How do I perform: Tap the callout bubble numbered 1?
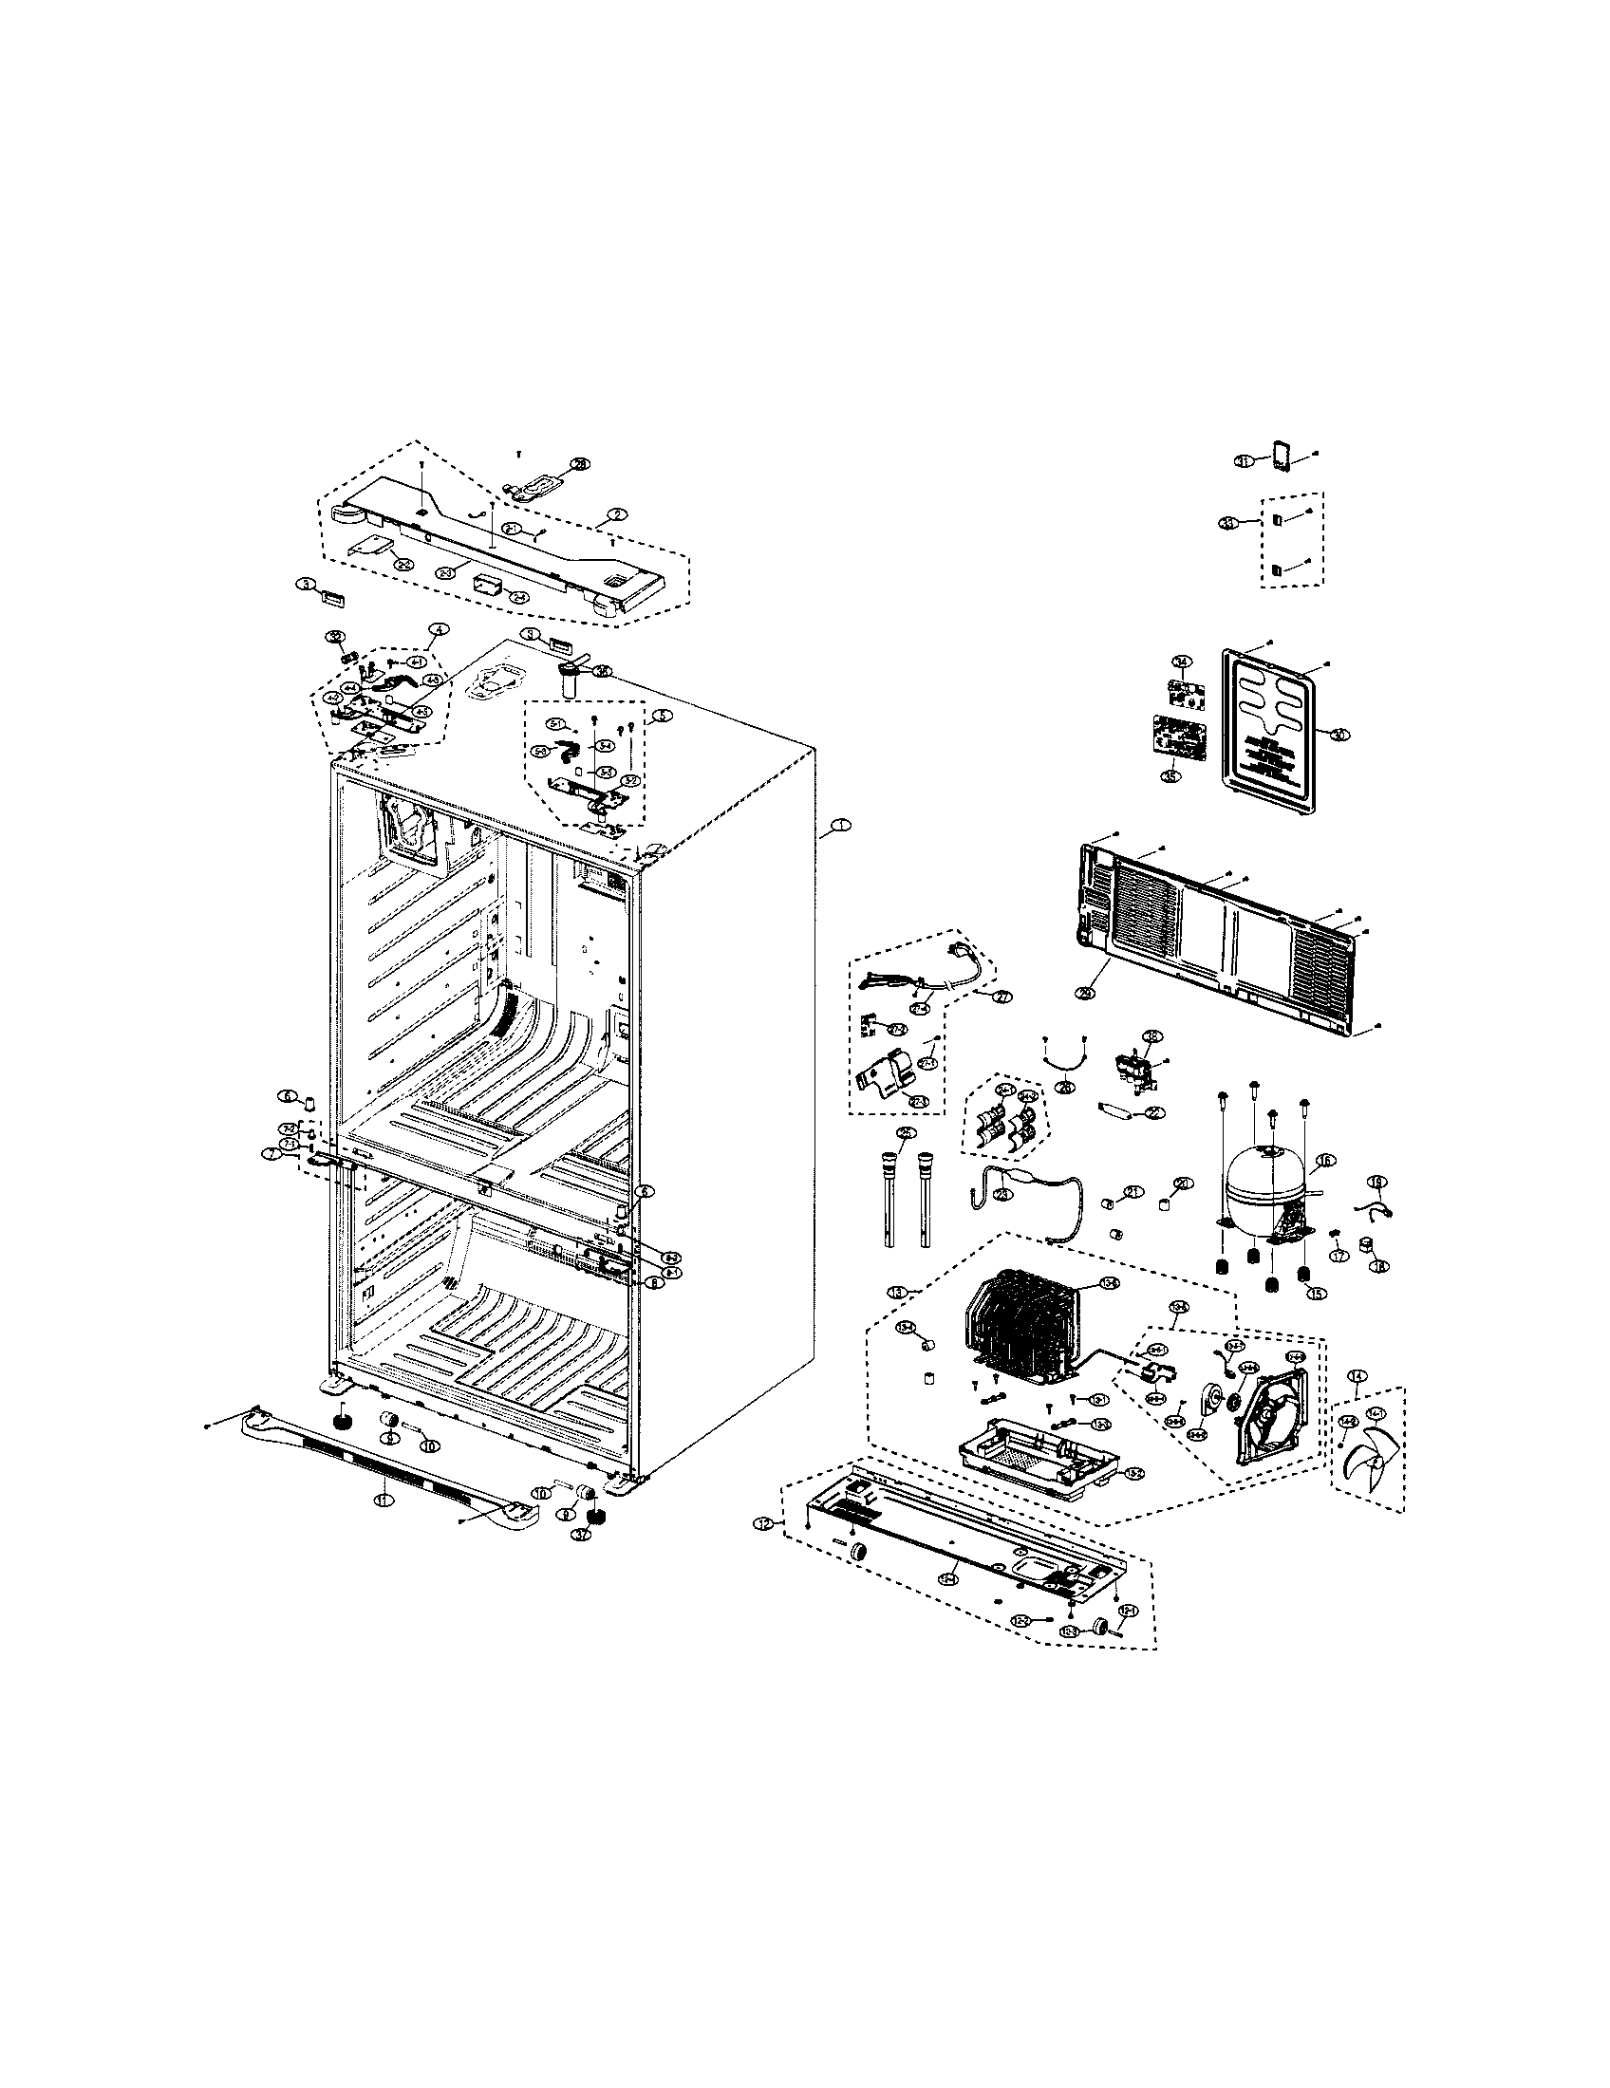click(x=838, y=824)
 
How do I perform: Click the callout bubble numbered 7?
click(x=275, y=1155)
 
